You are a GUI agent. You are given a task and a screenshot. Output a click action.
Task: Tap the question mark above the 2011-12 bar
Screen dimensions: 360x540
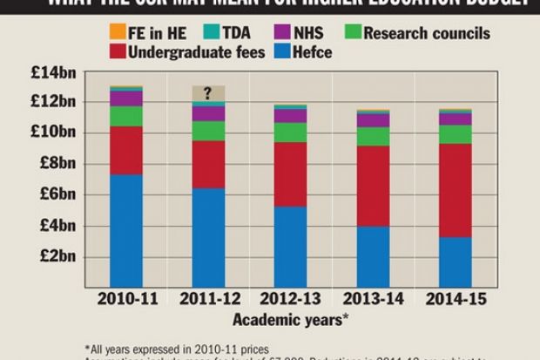tap(207, 92)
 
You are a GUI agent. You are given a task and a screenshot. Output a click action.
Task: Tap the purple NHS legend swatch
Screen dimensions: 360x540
tap(278, 33)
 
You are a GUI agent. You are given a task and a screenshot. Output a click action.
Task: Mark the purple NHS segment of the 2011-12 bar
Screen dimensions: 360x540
tap(207, 113)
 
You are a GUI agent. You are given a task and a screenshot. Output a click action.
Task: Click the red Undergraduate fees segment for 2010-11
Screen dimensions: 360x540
tap(126, 150)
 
